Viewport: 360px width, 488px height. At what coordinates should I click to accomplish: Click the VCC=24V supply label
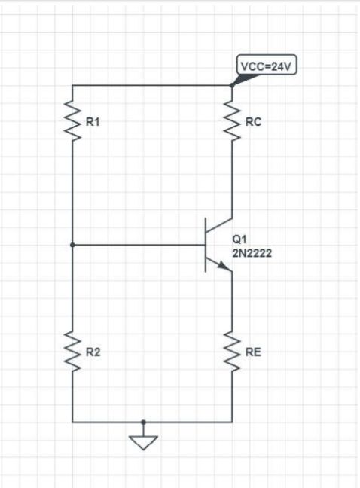[264, 66]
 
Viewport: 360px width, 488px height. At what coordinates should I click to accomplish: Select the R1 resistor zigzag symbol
[72, 122]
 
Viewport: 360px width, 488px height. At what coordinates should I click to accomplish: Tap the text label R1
[94, 123]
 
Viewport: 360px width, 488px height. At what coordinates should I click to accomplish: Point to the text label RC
[254, 123]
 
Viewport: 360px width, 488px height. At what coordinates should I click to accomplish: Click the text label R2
[94, 353]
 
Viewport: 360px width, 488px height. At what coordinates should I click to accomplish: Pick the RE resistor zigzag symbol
[231, 352]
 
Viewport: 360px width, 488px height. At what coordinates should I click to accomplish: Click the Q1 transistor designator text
[239, 240]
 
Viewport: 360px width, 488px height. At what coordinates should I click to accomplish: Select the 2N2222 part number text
[252, 254]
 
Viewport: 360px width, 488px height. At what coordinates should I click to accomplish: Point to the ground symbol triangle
[144, 441]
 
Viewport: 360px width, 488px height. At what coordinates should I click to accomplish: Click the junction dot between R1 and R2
[72, 245]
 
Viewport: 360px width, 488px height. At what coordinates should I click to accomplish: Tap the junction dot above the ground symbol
[144, 422]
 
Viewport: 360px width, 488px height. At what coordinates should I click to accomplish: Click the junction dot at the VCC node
[231, 85]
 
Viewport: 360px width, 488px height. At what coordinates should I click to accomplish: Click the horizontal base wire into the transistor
[139, 245]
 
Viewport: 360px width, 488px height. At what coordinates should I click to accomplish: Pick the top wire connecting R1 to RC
[151, 85]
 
